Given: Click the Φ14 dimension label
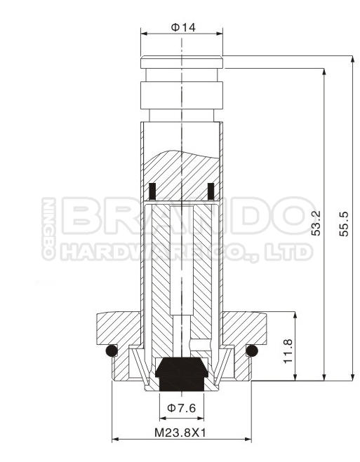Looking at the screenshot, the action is click(x=183, y=27).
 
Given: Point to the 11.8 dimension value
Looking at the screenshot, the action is click(x=288, y=351).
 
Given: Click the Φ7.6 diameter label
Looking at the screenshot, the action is click(x=181, y=408).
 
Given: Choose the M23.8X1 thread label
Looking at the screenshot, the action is click(x=180, y=433).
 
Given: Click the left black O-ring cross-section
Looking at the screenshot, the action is click(x=112, y=351).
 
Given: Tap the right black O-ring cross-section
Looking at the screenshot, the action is click(x=252, y=351).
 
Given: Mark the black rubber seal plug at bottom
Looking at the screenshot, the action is click(x=182, y=374).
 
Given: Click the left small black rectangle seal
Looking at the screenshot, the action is click(x=152, y=191).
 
